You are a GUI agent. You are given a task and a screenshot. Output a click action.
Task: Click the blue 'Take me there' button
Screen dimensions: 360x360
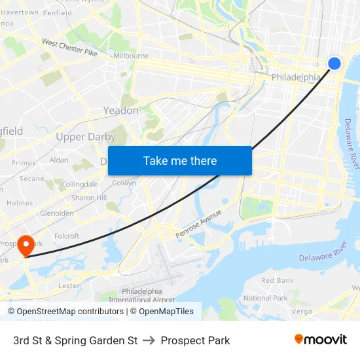point(180,160)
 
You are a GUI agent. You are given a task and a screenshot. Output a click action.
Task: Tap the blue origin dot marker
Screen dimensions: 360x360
point(334,63)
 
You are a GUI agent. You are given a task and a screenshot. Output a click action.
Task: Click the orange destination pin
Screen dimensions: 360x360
point(26,245)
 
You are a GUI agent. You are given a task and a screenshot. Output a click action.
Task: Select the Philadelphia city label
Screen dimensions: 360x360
point(296,77)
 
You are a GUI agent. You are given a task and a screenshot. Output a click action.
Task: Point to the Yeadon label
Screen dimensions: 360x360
point(121,111)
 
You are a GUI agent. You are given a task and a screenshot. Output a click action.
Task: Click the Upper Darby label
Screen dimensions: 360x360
point(86,137)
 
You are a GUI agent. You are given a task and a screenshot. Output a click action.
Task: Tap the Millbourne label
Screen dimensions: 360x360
point(131,56)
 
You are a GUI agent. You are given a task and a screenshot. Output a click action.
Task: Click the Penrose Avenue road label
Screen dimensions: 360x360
point(198,224)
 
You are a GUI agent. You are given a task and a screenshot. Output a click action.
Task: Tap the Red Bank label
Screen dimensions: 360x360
point(277,280)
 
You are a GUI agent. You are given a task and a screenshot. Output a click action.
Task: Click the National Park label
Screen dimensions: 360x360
point(265,298)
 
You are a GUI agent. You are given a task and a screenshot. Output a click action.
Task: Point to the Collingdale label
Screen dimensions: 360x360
point(79,185)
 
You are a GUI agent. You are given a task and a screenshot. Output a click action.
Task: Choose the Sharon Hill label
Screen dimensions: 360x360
point(89,198)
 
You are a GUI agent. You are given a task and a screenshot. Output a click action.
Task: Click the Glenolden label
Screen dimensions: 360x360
point(57,213)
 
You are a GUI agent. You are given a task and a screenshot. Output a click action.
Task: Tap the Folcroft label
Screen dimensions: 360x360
point(67,236)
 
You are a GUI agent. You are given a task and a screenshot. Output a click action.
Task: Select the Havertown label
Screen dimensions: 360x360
point(19,12)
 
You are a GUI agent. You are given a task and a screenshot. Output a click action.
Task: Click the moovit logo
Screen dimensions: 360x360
point(320,340)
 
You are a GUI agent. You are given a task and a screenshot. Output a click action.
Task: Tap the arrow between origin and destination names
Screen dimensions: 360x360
point(149,340)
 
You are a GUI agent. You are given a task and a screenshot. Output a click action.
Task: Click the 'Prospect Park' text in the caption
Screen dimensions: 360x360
point(195,340)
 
